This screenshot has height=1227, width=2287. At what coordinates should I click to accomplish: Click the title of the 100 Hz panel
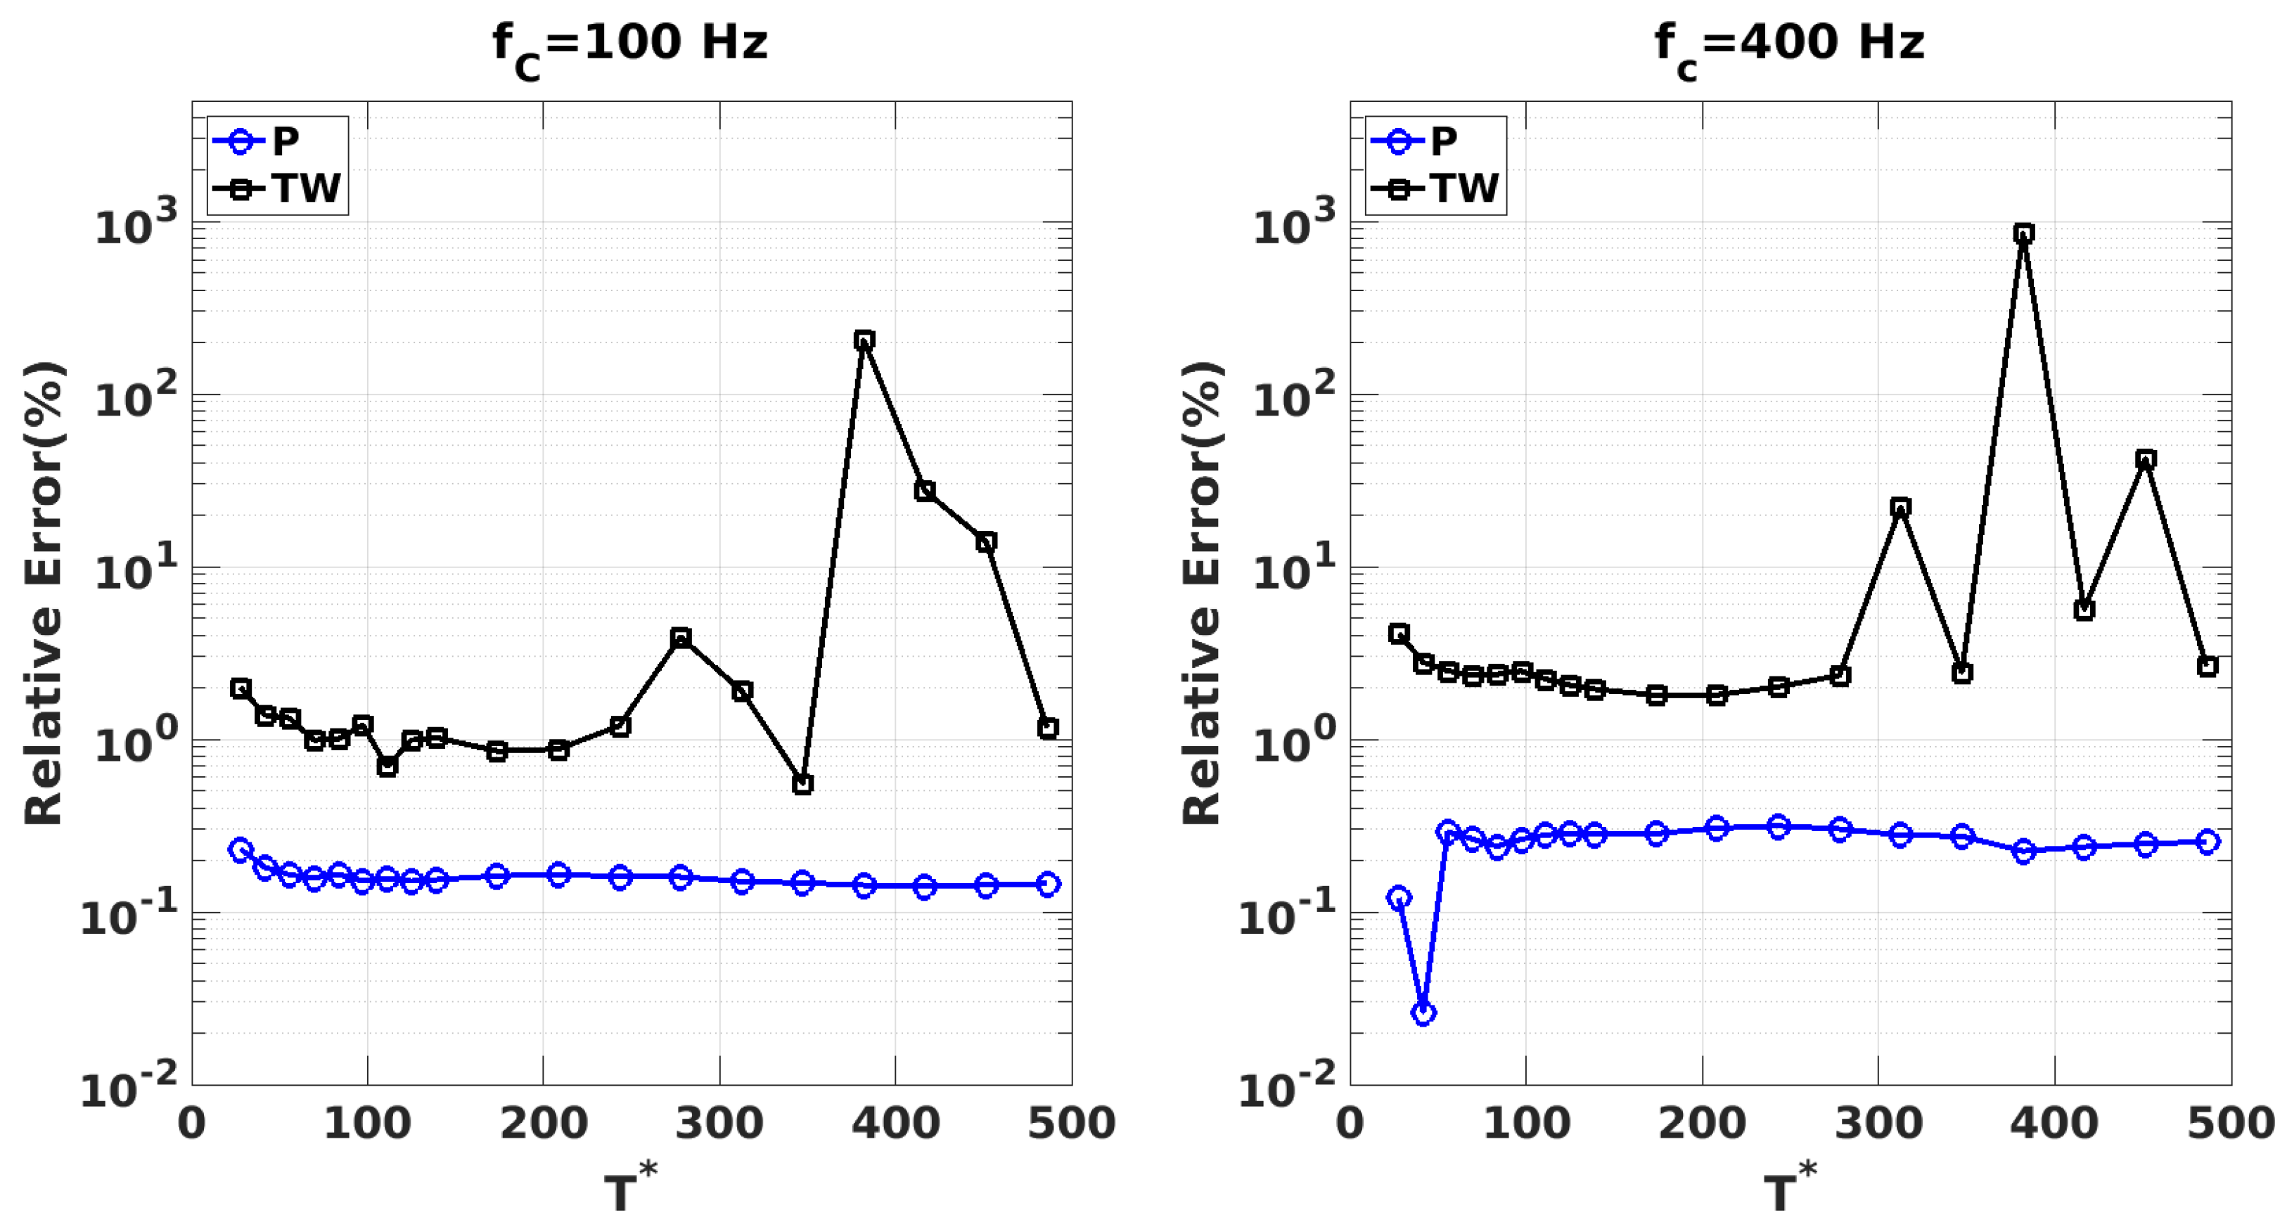(x=629, y=44)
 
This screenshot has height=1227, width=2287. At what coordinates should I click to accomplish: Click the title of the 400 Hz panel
(x=1788, y=44)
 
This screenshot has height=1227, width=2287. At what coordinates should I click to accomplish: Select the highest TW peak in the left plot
(x=864, y=340)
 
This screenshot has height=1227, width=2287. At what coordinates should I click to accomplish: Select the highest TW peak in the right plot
(x=2023, y=233)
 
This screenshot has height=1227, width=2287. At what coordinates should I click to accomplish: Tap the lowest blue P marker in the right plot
(x=1423, y=1013)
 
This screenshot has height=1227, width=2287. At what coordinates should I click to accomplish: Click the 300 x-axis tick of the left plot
(x=719, y=1123)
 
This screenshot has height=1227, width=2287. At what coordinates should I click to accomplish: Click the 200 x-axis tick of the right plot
(x=1701, y=1123)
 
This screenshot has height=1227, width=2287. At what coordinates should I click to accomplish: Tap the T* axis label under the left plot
(x=629, y=1188)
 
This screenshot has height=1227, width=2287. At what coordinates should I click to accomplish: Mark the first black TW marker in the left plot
(x=241, y=688)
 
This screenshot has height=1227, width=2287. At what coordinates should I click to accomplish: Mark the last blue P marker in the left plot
(x=1048, y=885)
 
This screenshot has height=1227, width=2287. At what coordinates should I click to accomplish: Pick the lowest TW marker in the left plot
(x=802, y=784)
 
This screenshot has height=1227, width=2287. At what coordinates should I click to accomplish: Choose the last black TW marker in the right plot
(x=2207, y=667)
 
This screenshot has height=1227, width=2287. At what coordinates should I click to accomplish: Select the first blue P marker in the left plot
(x=241, y=849)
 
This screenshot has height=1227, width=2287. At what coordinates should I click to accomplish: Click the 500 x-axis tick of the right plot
(x=2229, y=1123)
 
